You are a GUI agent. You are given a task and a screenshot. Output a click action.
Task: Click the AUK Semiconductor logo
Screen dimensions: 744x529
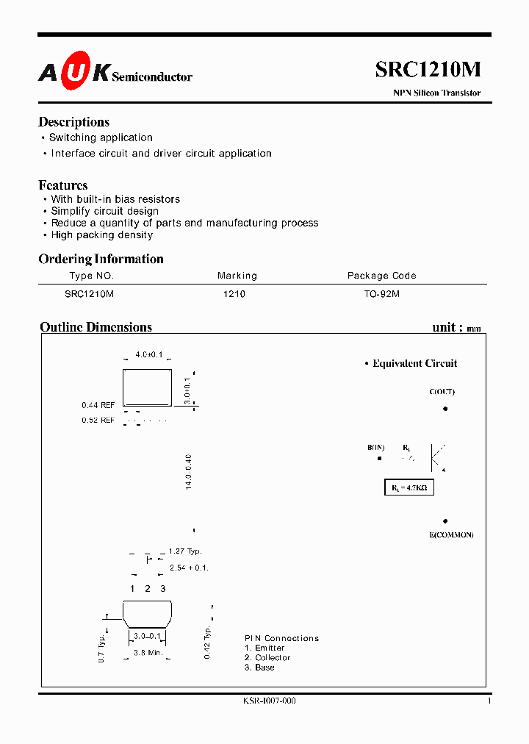[115, 72]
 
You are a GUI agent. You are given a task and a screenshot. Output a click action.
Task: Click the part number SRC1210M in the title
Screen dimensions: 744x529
[428, 69]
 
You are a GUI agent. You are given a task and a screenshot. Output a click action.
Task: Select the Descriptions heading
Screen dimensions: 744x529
[73, 122]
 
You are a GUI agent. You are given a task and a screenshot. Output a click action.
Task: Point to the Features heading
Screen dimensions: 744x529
[63, 185]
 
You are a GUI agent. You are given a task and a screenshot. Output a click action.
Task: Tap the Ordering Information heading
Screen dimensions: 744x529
[101, 259]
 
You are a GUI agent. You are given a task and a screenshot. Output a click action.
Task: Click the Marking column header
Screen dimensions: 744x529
[237, 276]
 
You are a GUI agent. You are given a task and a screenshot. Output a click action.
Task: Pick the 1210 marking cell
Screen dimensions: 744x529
[234, 293]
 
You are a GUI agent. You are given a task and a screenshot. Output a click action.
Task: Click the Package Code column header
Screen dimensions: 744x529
[381, 276]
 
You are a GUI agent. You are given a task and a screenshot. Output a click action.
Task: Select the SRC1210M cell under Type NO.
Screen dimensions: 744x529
[89, 293]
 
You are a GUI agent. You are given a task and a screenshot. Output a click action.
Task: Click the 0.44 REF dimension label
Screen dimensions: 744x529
[98, 405]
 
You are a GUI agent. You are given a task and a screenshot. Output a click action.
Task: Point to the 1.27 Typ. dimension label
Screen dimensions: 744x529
[184, 551]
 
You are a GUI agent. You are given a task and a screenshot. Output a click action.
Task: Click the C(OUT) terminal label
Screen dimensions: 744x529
[442, 392]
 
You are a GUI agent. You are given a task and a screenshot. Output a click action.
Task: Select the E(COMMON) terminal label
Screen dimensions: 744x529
[451, 534]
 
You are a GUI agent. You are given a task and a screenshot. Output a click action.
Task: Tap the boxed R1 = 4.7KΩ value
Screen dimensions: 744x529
[409, 487]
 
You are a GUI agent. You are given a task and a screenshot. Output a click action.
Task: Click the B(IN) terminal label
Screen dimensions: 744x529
[376, 448]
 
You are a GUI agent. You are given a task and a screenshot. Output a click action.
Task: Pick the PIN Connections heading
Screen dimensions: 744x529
[281, 638]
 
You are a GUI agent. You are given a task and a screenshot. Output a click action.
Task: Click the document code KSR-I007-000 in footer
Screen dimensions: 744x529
[269, 701]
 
